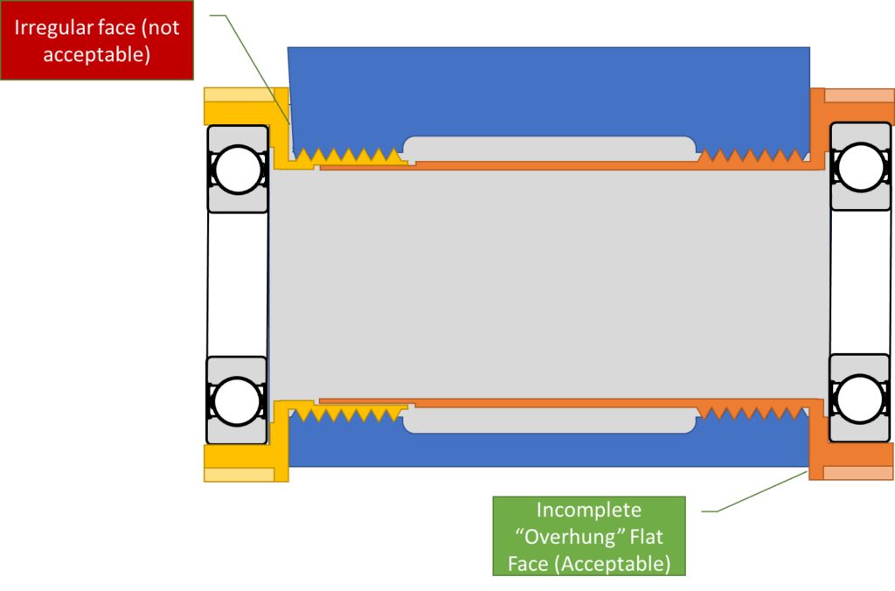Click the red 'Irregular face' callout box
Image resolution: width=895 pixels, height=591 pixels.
[96, 40]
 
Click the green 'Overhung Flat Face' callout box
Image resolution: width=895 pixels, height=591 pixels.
[589, 536]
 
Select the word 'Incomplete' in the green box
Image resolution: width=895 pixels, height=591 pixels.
[589, 510]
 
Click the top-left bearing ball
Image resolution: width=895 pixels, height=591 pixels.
[238, 170]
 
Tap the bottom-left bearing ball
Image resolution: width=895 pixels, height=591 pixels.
[238, 400]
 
